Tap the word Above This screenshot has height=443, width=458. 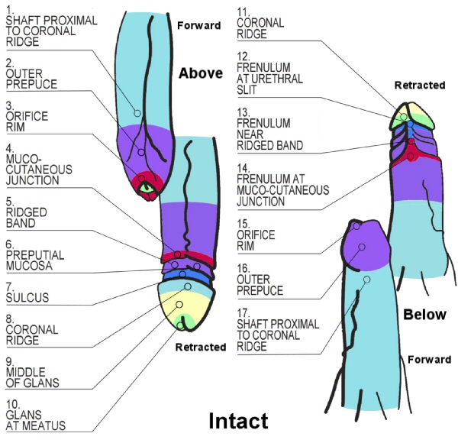[x=201, y=74]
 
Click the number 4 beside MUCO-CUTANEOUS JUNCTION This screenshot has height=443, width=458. [x=8, y=149]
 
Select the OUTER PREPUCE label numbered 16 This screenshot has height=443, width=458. [x=260, y=279]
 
